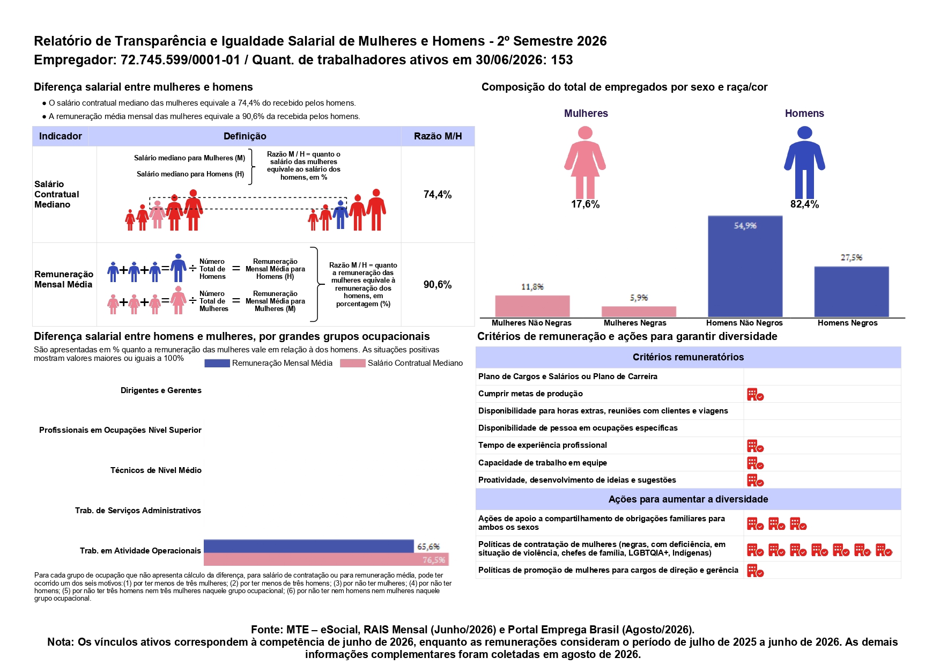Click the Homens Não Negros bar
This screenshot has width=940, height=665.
click(x=745, y=266)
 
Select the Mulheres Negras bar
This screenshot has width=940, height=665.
click(x=639, y=312)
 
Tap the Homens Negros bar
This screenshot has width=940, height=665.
click(x=852, y=292)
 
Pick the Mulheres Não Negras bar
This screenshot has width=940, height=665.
click(x=532, y=306)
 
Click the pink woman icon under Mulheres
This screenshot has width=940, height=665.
click(x=585, y=162)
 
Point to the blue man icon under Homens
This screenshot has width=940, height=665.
click(x=804, y=162)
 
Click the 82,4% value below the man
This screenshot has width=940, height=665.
click(x=804, y=204)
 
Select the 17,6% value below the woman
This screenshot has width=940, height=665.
click(x=585, y=204)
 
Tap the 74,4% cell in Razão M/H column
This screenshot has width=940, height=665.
click(x=438, y=195)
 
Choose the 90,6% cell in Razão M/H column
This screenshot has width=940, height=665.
click(x=438, y=285)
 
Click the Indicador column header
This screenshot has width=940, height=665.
click(x=61, y=136)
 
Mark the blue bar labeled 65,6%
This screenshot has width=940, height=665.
click(x=309, y=546)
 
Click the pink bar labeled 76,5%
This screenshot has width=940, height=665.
click(x=326, y=559)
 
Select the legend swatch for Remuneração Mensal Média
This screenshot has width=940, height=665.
click(x=217, y=363)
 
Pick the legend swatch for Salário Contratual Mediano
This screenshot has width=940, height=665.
click(x=352, y=363)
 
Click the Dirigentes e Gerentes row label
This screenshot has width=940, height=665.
click(x=161, y=390)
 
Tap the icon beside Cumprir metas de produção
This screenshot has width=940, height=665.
click(x=755, y=395)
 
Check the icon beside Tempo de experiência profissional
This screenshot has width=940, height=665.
click(x=755, y=446)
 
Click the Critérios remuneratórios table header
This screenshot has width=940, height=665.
click(x=688, y=357)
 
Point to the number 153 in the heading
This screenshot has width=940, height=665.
click(x=562, y=60)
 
